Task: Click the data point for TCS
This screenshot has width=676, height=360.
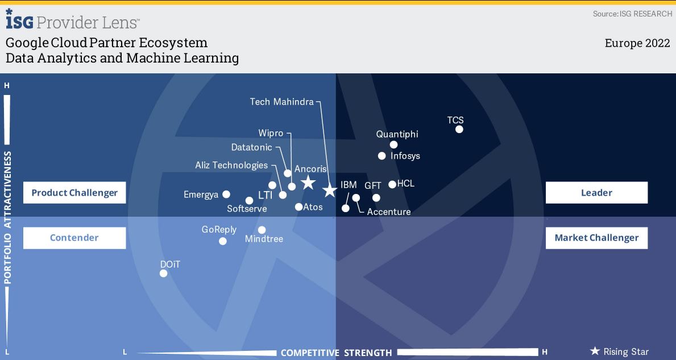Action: [x=459, y=129]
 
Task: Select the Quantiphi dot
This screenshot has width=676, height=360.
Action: [x=393, y=145]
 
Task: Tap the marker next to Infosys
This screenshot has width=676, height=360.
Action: [x=381, y=156]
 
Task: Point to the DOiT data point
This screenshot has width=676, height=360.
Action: [x=163, y=274]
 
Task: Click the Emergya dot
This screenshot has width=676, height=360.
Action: [x=226, y=195]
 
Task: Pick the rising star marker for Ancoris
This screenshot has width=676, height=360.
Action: [x=308, y=183]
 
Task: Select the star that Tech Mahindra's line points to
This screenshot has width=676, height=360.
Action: [x=330, y=190]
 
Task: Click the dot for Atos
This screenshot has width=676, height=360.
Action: [x=298, y=207]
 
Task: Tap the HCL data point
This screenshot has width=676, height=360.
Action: [x=392, y=184]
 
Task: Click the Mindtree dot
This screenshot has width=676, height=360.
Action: [x=262, y=230]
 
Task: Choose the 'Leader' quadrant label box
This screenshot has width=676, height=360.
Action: [x=596, y=193]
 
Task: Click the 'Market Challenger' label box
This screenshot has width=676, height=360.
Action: [x=596, y=238]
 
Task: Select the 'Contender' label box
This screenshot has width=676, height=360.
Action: [x=74, y=238]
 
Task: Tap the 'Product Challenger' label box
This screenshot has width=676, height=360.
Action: [x=74, y=193]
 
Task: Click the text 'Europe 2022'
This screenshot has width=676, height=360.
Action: [x=637, y=43]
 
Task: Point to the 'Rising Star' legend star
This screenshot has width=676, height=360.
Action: [x=595, y=351]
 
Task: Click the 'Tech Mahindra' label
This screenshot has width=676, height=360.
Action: [x=282, y=102]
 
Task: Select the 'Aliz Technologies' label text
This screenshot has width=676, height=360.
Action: [x=231, y=165]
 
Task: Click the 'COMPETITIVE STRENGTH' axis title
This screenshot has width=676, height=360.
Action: [x=336, y=353]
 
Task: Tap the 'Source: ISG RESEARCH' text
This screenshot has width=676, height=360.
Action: [x=632, y=14]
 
